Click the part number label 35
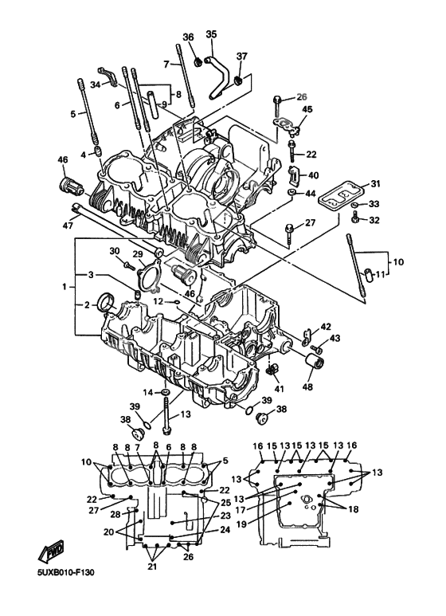pyautogui.click(x=211, y=34)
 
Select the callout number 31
pyautogui.click(x=375, y=183)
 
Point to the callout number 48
pyautogui.click(x=307, y=386)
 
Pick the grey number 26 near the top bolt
pyautogui.click(x=302, y=96)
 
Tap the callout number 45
pyautogui.click(x=307, y=109)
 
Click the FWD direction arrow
pyautogui.click(x=50, y=553)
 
